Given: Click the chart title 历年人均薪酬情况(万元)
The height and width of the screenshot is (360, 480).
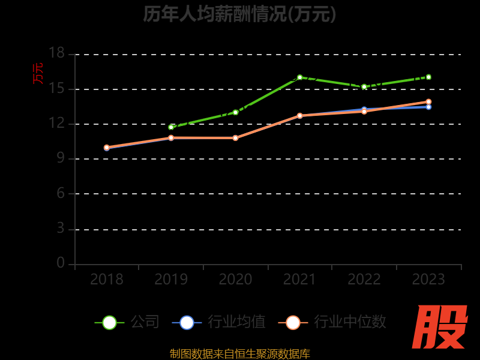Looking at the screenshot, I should coord(239,13).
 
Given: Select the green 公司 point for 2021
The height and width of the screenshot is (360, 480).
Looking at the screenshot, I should coord(299,77).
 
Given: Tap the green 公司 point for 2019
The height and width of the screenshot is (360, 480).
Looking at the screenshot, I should coord(171,127).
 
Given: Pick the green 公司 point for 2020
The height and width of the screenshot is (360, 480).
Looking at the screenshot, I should coord(235,112).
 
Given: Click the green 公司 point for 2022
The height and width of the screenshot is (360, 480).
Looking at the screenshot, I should coord(364,87).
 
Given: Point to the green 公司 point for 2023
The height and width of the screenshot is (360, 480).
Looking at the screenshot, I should coord(428,77).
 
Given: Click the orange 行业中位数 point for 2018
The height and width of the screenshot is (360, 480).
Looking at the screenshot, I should coord(107,148).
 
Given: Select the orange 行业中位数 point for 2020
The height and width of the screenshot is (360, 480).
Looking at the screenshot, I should coord(235,138).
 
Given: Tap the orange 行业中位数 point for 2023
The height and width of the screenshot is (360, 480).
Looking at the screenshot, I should coord(428,102).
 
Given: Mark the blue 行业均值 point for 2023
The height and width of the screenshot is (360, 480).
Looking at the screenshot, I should coord(428,107).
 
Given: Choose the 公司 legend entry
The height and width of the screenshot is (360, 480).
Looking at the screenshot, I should coord(127,322).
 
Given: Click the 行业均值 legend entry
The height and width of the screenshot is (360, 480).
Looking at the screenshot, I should coord(219,322).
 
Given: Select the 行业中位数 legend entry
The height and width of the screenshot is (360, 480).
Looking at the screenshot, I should coord(332,322).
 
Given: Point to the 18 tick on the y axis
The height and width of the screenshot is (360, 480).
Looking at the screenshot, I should coord(56,53).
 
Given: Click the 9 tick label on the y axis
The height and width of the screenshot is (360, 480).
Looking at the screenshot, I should coord(60,158).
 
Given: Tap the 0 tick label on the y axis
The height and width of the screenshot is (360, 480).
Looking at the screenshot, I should coord(60,263).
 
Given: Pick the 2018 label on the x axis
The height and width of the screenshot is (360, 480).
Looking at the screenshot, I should coord(107,280).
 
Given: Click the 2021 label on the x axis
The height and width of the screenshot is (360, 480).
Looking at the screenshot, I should coord(299,280).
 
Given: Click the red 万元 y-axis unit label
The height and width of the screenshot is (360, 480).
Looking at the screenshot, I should coord(38,73).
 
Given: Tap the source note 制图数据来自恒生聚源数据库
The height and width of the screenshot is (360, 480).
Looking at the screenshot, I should coord(239,353).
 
